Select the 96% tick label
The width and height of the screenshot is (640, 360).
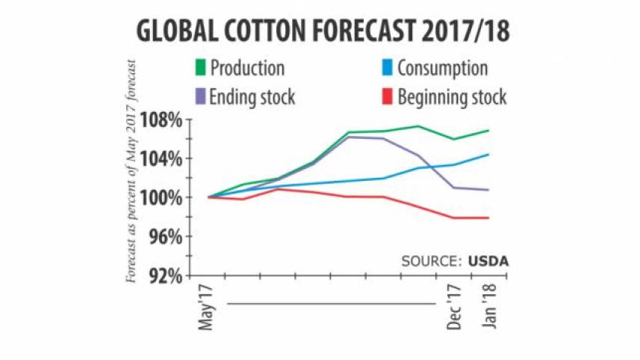[x=166, y=236]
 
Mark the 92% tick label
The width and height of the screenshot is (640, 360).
[x=166, y=276]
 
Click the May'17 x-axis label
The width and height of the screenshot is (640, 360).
[x=209, y=307]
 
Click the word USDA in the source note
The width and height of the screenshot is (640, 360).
[x=493, y=261]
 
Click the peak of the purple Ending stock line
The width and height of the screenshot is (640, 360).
[x=349, y=137]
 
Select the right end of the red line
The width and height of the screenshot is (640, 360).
[x=489, y=217]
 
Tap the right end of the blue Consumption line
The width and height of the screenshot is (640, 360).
[x=489, y=155]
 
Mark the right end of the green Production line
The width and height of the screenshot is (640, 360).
[x=489, y=131]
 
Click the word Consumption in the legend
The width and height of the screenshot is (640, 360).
[x=442, y=69]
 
